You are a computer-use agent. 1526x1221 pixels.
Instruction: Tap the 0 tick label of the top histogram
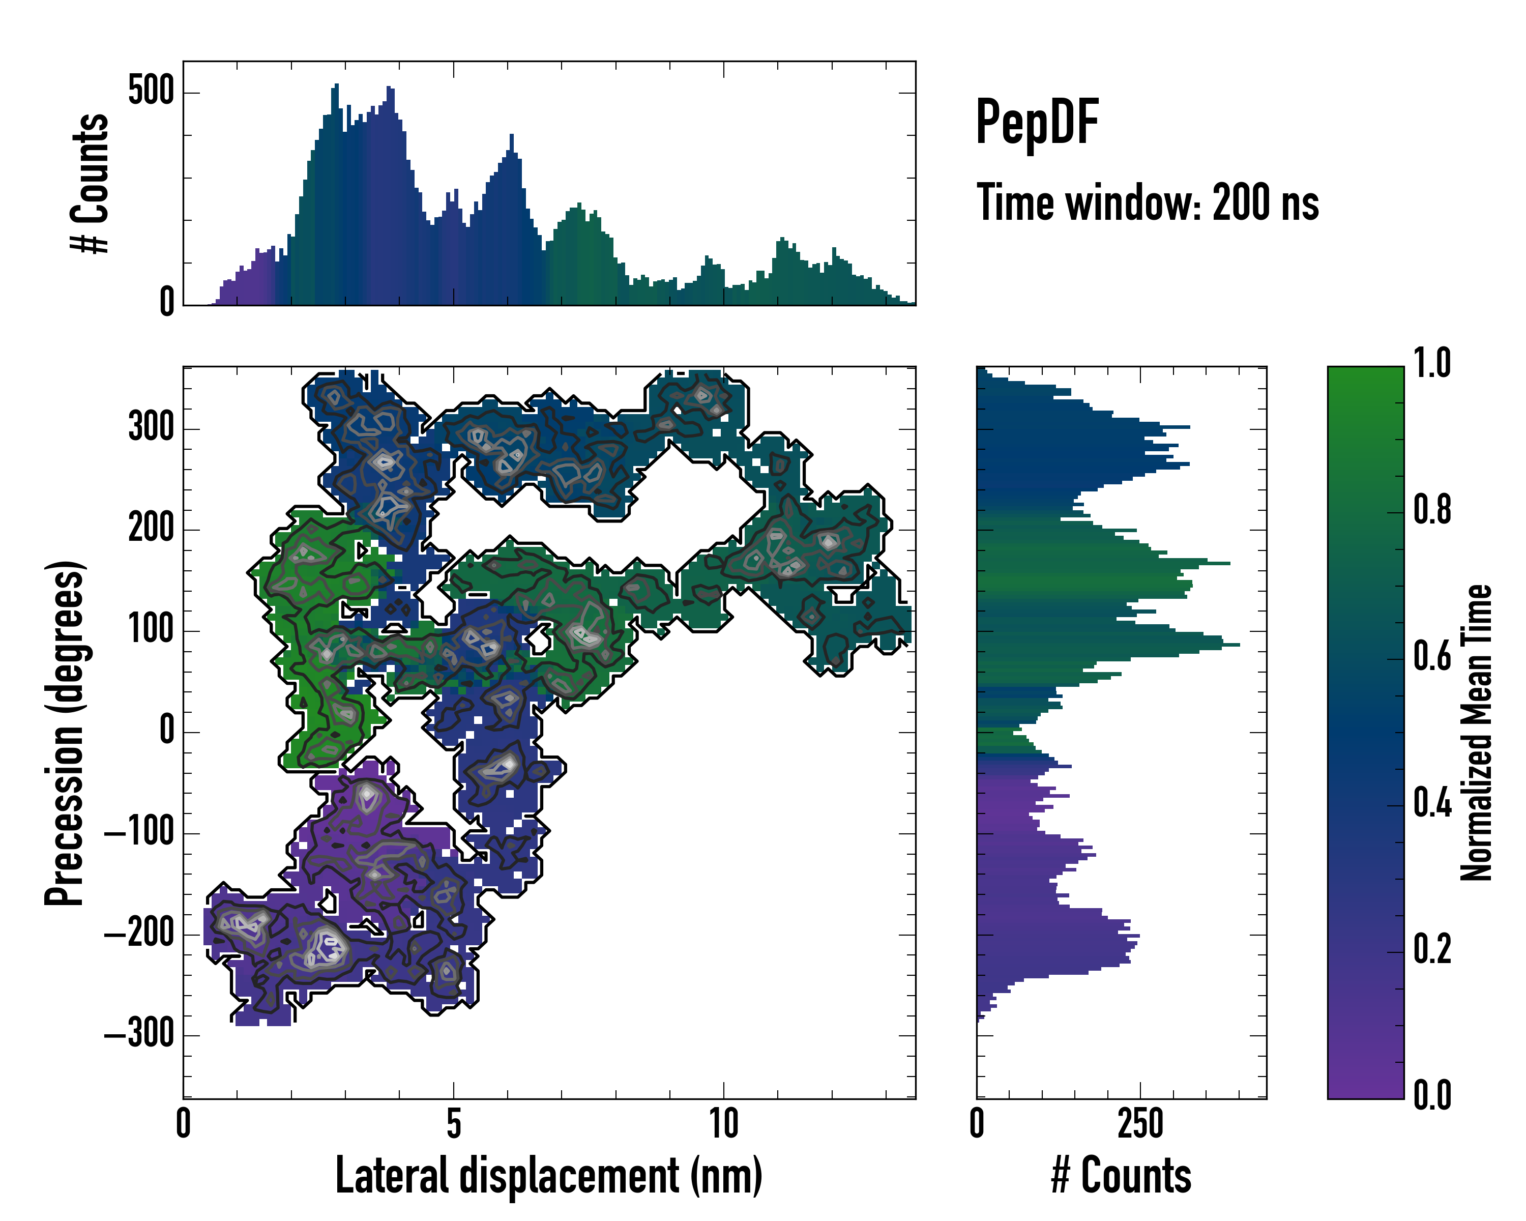(x=167, y=302)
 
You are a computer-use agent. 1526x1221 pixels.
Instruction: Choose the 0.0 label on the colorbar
(x=1432, y=1094)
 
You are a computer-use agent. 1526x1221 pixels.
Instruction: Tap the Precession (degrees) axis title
(x=65, y=733)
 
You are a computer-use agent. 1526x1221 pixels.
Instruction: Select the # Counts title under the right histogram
(x=1121, y=1176)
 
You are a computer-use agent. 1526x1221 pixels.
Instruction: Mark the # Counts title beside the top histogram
(x=91, y=183)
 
